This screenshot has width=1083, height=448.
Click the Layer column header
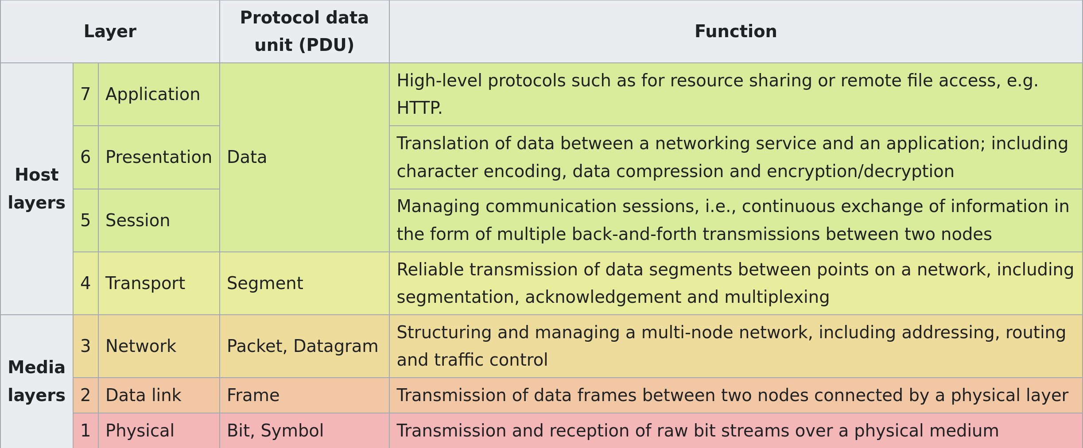[x=110, y=31]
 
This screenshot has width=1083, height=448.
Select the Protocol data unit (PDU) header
[x=304, y=31]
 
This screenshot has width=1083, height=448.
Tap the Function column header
[x=736, y=31]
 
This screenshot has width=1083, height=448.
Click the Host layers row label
[x=37, y=189]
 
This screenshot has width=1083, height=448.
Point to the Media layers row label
[x=37, y=381]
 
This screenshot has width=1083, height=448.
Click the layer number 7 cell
[x=85, y=94]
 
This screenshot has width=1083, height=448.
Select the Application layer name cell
[x=159, y=94]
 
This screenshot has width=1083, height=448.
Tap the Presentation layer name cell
[x=159, y=157]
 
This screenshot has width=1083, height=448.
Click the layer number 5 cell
[x=85, y=220]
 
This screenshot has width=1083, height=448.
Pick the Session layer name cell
[x=159, y=220]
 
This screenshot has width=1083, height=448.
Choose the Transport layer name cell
[x=159, y=283]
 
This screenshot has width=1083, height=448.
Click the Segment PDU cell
[x=304, y=283]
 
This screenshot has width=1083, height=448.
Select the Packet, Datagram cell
[x=304, y=346]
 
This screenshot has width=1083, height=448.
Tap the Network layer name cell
[x=159, y=346]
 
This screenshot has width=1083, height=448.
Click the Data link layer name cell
[x=159, y=395]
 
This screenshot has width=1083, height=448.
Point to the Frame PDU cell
[x=304, y=395]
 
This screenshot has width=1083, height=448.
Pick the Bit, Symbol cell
[x=304, y=431]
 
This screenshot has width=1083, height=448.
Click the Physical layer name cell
[x=159, y=431]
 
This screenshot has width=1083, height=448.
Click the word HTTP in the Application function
[x=417, y=108]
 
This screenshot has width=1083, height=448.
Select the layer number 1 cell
[x=85, y=431]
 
